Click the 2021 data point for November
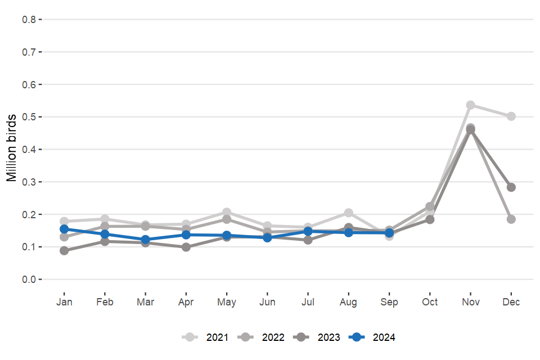470,105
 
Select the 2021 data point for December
511,116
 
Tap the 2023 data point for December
511,187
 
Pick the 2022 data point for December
511,219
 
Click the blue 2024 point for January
64,229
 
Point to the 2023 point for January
64,251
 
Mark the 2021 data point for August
349,213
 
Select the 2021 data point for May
227,212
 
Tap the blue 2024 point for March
145,240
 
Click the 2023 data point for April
186,247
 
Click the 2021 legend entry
205,337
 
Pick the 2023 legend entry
318,337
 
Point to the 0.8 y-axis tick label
29,20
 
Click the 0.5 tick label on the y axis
29,117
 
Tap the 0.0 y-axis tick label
29,280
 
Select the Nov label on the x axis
470,302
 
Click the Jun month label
267,302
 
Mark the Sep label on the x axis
389,302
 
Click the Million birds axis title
11,149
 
